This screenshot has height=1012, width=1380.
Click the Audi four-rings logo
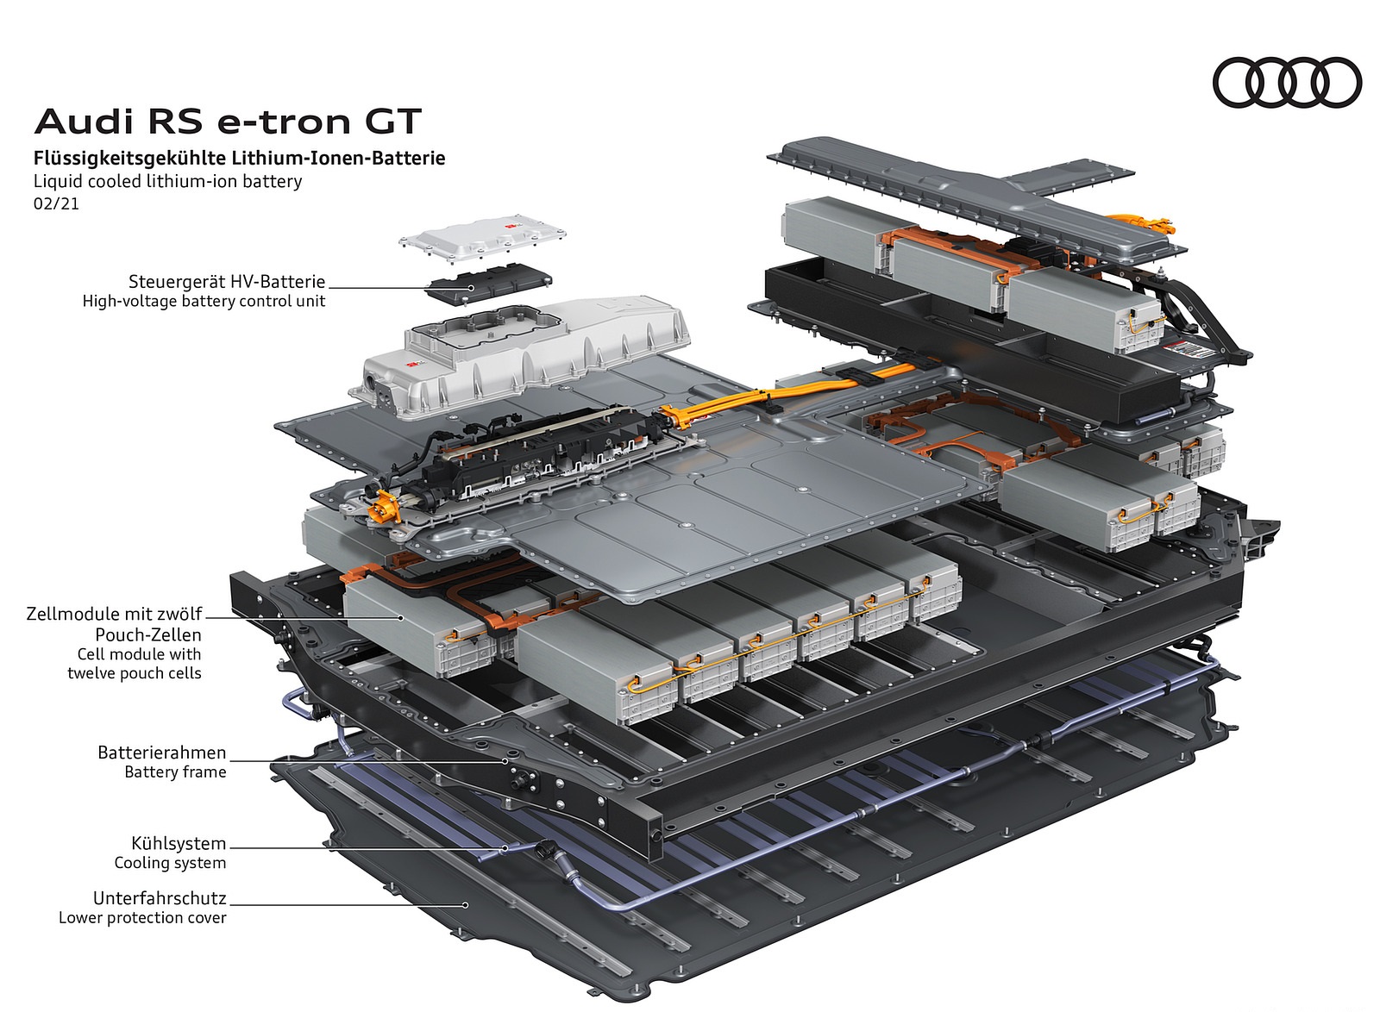(x=1286, y=83)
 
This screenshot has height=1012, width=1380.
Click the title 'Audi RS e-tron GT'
(x=228, y=122)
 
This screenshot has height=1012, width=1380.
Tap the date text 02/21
(x=56, y=204)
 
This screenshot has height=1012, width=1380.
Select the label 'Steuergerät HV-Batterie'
(x=227, y=281)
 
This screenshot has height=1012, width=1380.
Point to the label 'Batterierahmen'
(x=162, y=753)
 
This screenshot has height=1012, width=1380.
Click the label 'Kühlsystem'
(x=179, y=843)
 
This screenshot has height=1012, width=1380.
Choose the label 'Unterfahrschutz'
(x=160, y=897)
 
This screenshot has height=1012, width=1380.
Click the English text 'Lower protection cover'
(x=142, y=917)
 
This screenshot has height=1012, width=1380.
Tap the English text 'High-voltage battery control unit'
(x=204, y=301)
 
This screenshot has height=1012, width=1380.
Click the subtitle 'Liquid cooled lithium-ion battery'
(x=167, y=181)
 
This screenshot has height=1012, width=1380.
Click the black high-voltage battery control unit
(x=489, y=282)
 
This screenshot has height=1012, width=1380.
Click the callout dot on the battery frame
(x=505, y=761)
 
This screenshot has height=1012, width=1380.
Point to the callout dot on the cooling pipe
(x=505, y=848)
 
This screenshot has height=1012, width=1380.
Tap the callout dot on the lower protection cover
(x=466, y=904)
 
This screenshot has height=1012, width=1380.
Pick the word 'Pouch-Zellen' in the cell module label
(x=148, y=634)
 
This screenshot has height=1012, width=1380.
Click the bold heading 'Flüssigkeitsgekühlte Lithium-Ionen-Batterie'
(x=239, y=159)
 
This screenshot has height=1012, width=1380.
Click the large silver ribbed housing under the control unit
(x=526, y=353)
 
